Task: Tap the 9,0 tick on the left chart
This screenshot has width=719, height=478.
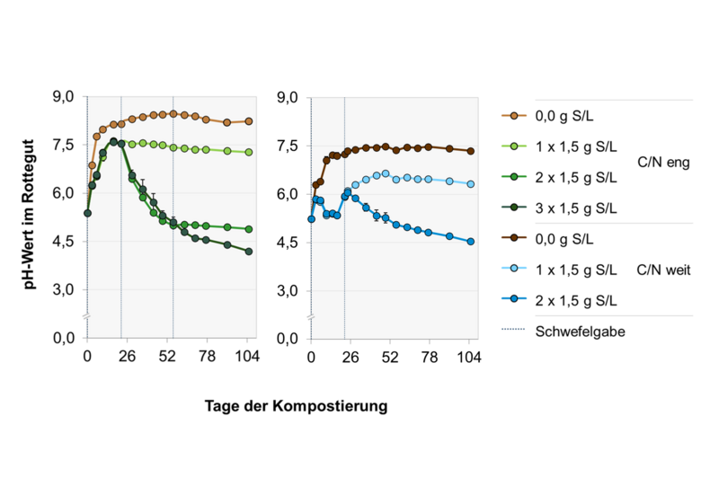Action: [65, 97]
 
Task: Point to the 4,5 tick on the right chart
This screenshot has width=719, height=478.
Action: [291, 243]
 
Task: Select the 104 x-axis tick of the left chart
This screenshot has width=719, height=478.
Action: [247, 357]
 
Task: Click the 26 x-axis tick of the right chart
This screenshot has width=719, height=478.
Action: [351, 357]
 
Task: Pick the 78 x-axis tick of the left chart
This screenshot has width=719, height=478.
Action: [207, 357]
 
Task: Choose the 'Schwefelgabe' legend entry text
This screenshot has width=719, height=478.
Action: [580, 331]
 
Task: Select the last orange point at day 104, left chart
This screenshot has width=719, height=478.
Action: [248, 121]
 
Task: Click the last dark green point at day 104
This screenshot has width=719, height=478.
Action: [248, 252]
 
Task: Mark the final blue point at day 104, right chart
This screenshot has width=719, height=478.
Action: [471, 241]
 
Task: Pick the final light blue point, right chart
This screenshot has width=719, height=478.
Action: [471, 183]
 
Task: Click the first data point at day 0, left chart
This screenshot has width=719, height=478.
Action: [87, 213]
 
